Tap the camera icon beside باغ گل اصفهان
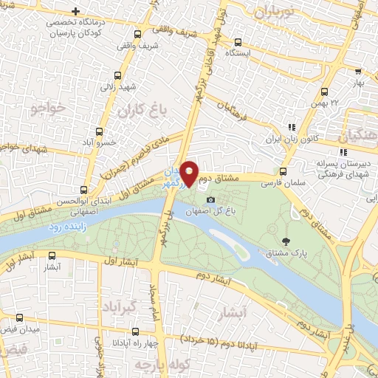click(211, 200)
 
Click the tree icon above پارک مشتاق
click(286, 241)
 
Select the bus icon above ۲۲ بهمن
click(324, 92)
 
